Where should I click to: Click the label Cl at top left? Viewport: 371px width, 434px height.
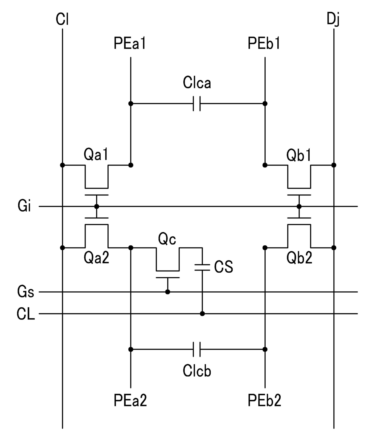pos(62,19)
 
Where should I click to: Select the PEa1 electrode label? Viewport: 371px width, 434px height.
pos(130,43)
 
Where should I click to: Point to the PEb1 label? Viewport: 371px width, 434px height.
pos(264,43)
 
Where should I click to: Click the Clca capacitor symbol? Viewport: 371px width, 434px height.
pos(197,103)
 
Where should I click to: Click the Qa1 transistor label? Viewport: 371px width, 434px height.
pos(96,154)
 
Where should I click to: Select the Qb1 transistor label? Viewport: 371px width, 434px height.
pos(299,155)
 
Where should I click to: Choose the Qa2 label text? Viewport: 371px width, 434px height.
pos(96,258)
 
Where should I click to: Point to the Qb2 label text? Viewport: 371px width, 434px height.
pos(299,258)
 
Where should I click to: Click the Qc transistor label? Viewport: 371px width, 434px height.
pos(167,239)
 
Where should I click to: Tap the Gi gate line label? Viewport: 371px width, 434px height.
pos(24,206)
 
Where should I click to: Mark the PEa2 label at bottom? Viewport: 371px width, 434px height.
pos(130,400)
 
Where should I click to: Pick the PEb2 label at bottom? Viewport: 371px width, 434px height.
pos(264,400)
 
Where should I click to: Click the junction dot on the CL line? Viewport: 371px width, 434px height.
pos(202,314)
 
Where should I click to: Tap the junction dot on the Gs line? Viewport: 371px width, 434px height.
pos(168,292)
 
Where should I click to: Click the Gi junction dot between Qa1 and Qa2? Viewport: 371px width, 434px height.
pos(96,207)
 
